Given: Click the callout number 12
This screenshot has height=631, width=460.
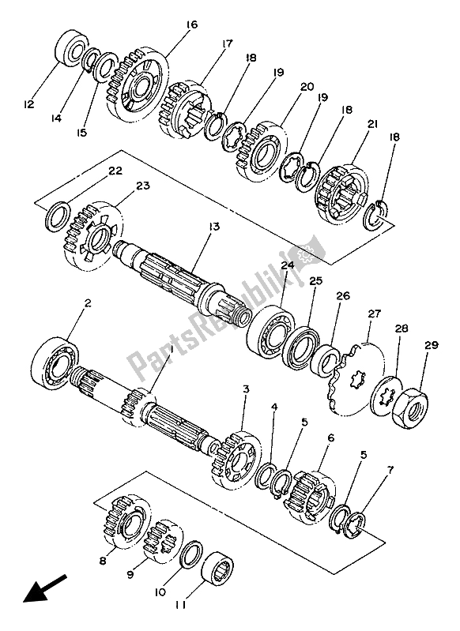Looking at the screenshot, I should [x=28, y=103].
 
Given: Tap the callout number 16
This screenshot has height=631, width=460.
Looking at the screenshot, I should [x=191, y=25].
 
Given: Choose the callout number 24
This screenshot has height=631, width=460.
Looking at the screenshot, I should [x=287, y=266].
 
